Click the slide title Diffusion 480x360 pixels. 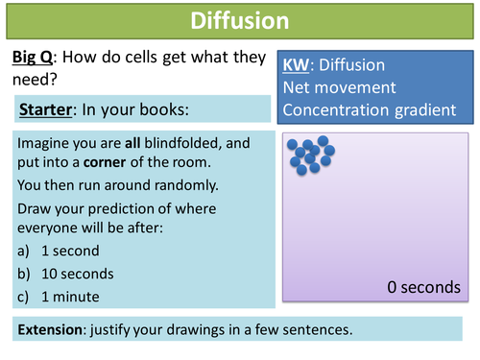(239, 20)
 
